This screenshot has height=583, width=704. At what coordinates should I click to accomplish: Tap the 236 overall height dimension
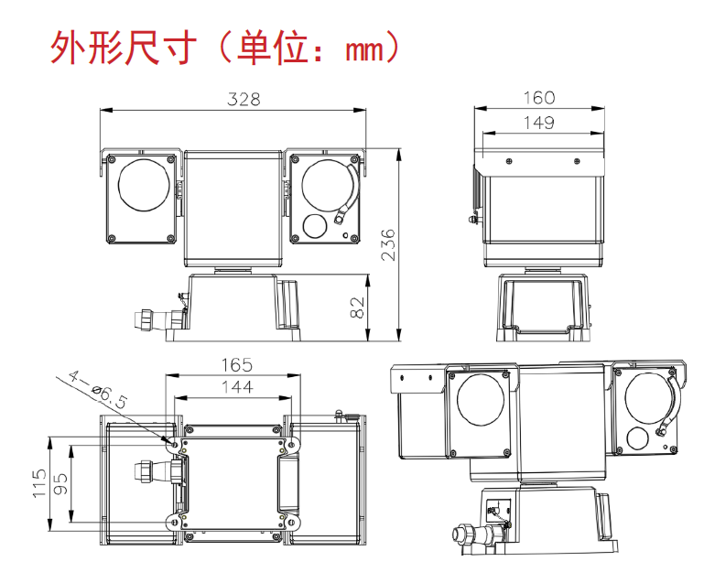click(389, 244)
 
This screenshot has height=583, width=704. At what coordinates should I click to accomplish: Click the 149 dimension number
click(538, 123)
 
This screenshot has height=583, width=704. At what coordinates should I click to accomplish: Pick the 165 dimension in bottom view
click(236, 365)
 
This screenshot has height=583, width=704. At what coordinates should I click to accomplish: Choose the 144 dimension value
click(236, 387)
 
